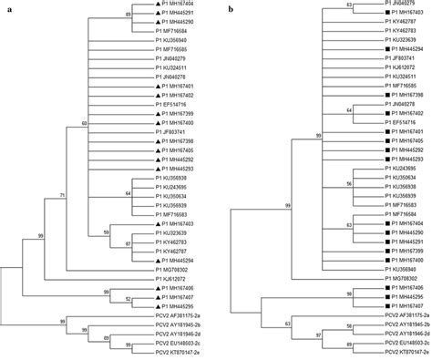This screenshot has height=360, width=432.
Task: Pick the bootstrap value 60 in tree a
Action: pyautogui.click(x=84, y=121)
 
